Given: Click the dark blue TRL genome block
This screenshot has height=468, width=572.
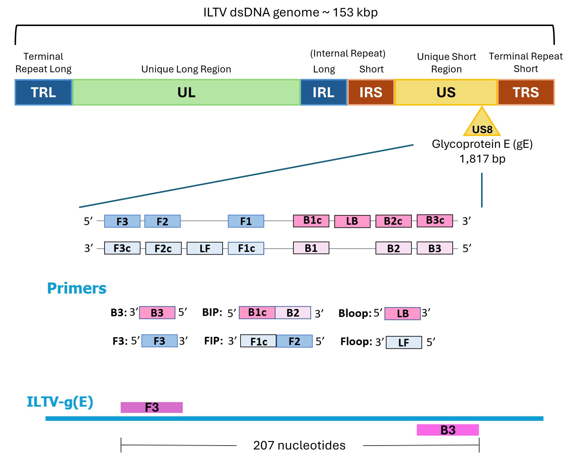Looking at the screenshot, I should (43, 92).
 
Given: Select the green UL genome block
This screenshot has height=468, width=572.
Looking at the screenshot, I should (186, 92).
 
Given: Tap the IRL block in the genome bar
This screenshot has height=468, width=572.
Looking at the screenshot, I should (323, 92).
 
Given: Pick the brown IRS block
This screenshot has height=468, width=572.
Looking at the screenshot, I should (371, 92).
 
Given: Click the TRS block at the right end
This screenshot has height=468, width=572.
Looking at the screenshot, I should (526, 92).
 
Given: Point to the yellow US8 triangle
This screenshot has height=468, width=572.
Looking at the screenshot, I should (482, 125).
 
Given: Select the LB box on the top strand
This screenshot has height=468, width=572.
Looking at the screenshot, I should (352, 221).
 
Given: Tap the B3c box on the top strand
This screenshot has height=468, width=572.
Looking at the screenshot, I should (435, 220).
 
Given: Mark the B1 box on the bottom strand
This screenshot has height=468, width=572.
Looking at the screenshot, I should (311, 248).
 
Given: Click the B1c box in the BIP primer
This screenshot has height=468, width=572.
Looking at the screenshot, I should (257, 312).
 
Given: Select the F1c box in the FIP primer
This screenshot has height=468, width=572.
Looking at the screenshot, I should (258, 341).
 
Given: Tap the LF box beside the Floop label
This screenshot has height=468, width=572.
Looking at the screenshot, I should (404, 343).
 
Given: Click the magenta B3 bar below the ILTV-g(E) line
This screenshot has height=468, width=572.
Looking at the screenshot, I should (448, 430).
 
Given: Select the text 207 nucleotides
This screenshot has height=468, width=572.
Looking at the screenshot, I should (299, 445).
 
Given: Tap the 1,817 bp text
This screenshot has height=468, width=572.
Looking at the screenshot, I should (482, 159).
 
